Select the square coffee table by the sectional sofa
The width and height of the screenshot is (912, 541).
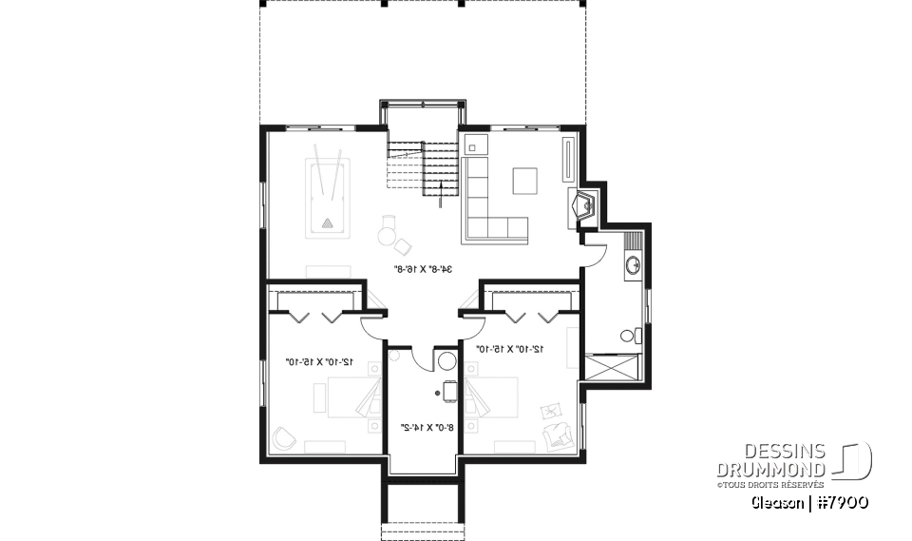pyautogui.click(x=524, y=180)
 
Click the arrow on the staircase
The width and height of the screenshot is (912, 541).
pyautogui.click(x=440, y=194)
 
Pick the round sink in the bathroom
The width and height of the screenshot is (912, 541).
pyautogui.click(x=633, y=265)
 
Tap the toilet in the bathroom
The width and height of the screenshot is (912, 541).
pyautogui.click(x=628, y=336)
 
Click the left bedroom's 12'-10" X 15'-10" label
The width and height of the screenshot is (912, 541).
pyautogui.click(x=319, y=361)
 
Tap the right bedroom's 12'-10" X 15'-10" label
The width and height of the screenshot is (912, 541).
pyautogui.click(x=509, y=349)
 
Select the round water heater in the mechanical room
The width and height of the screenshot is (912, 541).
pyautogui.click(x=446, y=361)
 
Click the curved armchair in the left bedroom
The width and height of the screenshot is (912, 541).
pyautogui.click(x=283, y=437)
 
